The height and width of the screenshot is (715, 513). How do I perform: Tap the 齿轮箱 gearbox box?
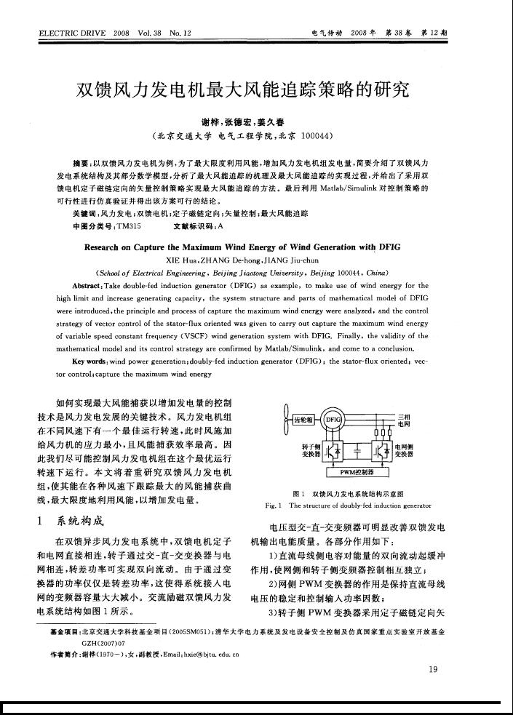tap(302, 420)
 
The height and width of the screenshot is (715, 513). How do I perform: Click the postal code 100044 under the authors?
tap(301, 135)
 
